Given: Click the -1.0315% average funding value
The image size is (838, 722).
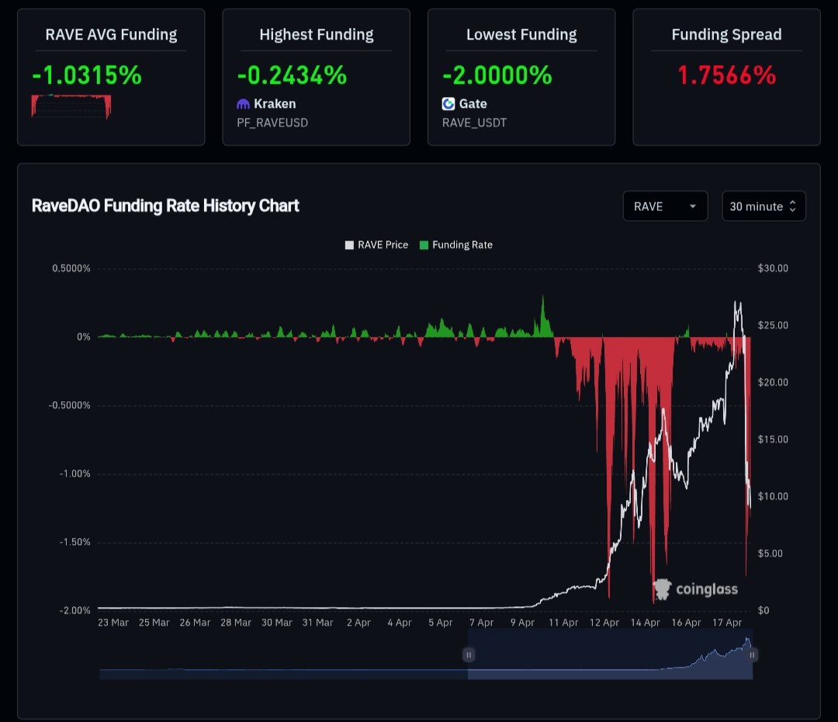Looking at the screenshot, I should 87,75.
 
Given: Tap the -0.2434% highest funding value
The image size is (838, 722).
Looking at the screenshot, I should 292,75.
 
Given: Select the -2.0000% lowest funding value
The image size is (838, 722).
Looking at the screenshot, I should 497,75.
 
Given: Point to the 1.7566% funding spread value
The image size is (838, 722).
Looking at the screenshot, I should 726,75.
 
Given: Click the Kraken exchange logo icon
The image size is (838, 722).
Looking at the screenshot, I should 244,104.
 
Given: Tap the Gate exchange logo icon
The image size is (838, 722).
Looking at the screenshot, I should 448,104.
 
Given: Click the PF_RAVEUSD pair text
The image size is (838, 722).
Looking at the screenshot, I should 272,123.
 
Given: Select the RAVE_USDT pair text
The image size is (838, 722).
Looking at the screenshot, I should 474,123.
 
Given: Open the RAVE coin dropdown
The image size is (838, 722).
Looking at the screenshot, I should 665,207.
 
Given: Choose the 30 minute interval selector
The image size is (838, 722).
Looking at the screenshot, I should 764,207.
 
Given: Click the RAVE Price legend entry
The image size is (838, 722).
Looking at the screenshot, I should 376,245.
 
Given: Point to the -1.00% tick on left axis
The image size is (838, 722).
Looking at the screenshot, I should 74,474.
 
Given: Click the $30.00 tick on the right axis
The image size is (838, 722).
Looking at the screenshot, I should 773,269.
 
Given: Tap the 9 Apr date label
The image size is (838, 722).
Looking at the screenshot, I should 522,623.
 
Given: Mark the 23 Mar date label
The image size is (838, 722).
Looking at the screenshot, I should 113,623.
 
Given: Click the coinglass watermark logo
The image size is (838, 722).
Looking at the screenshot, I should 695,589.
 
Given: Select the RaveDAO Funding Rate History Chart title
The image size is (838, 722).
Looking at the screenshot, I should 165,206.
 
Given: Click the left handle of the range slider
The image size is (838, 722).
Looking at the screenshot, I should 469,655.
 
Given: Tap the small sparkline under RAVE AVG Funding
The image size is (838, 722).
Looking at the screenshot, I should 71,106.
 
